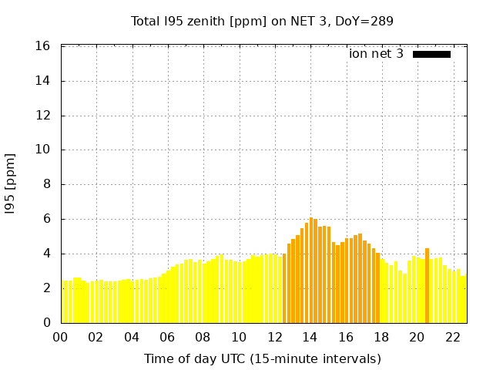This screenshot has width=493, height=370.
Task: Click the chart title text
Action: (262, 22)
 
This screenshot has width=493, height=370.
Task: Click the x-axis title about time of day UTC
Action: (262, 358)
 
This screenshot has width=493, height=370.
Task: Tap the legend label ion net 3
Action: (376, 54)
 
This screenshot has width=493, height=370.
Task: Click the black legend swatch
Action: (431, 54)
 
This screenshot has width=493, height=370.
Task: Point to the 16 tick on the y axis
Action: (43, 46)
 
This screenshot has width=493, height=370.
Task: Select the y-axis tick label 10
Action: (43, 150)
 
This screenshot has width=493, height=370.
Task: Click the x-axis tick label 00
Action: (60, 337)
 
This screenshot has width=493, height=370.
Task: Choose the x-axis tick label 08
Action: (203, 337)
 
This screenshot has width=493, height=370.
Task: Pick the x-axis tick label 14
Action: (310, 337)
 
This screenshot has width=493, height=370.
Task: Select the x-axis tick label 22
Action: (452, 337)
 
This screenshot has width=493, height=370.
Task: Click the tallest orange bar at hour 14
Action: (311, 270)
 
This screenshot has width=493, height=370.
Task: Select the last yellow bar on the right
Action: (464, 299)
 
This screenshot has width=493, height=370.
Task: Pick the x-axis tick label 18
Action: (381, 337)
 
